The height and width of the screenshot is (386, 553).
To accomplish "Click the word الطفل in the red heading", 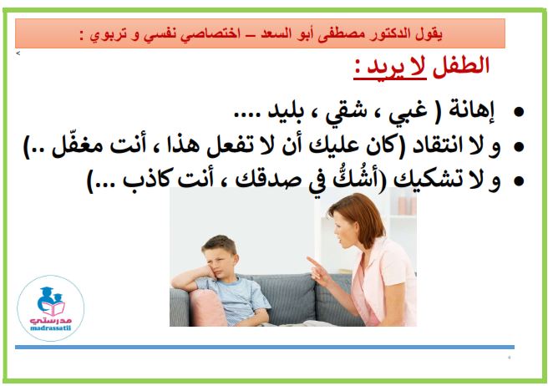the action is pyautogui.click(x=461, y=66).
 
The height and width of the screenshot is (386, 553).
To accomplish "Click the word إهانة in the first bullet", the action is pyautogui.click(x=470, y=111).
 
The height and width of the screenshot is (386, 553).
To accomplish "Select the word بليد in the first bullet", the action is pyautogui.click(x=286, y=111).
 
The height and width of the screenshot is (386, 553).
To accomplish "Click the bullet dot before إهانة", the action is pyautogui.click(x=519, y=112).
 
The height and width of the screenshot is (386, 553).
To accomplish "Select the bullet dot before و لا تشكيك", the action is pyautogui.click(x=519, y=181).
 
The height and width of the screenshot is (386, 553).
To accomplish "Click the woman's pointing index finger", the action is pyautogui.click(x=312, y=262).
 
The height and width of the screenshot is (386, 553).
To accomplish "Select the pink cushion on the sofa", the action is pyautogui.click(x=208, y=307).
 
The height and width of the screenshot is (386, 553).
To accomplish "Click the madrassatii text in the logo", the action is pyautogui.click(x=50, y=328).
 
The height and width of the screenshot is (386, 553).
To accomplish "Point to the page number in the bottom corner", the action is pyautogui.click(x=509, y=358).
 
